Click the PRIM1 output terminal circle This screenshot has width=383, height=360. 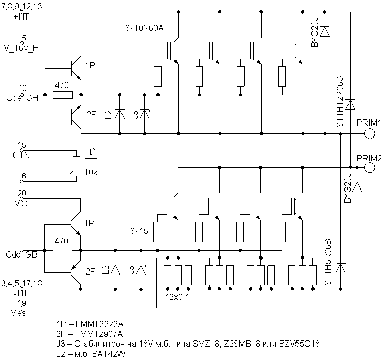point(370,134)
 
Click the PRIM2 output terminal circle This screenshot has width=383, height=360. point(370,168)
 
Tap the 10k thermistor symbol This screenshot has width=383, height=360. point(77,166)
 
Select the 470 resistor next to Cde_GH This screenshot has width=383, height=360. point(62,95)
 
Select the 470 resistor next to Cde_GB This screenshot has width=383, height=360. point(62,250)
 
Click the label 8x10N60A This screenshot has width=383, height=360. point(144,28)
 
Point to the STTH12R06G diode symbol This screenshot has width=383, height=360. point(351,105)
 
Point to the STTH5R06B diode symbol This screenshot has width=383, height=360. point(341,268)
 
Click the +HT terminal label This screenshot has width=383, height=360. point(22,17)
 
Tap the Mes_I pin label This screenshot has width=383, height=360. point(21,313)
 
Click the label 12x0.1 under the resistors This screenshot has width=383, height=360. point(178,297)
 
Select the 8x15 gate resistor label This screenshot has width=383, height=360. point(139,231)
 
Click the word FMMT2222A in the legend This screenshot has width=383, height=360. point(99,324)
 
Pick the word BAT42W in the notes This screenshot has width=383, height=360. point(109,354)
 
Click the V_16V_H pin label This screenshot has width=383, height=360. point(22,48)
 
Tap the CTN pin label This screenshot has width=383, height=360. point(22,155)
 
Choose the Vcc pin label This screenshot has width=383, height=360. point(22,203)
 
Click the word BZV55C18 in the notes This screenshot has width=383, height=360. point(299,344)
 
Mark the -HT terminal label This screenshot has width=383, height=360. point(22,293)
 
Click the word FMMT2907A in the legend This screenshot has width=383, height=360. point(99,334)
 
